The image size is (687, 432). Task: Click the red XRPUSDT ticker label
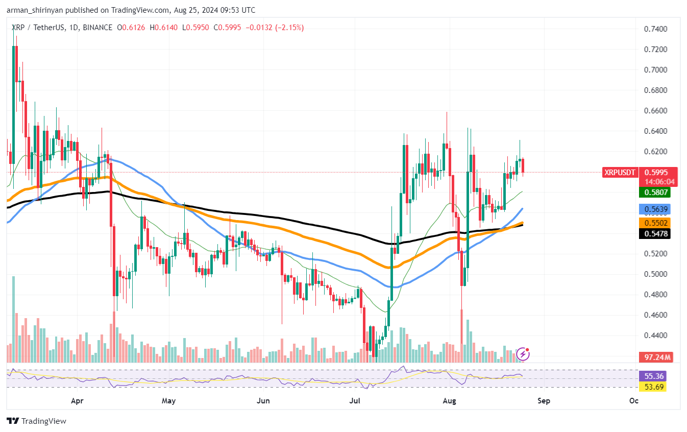620,173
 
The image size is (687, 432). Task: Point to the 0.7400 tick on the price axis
655,29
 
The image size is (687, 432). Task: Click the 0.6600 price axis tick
655,111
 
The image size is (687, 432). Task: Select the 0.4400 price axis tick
655,335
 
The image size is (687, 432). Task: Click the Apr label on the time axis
77,401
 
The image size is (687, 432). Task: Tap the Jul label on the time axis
354,401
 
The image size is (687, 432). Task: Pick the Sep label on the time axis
544,401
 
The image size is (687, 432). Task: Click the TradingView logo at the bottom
36,421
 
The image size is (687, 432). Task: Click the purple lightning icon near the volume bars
523,353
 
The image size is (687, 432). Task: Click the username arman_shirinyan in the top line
35,10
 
